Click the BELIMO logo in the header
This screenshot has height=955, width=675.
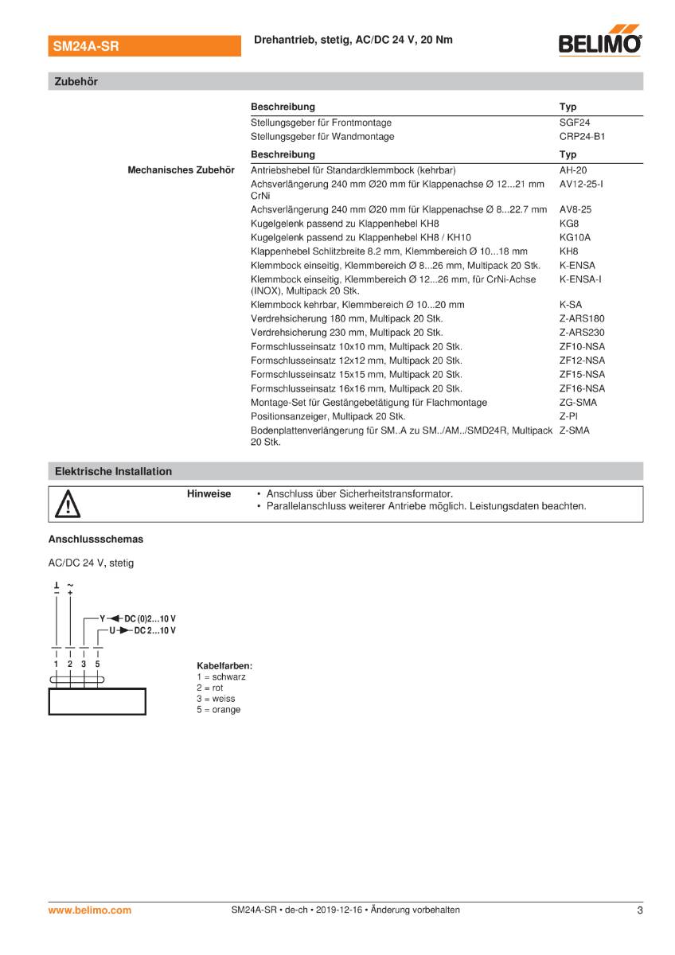coord(601,41)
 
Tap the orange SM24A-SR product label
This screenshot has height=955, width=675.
coord(86,47)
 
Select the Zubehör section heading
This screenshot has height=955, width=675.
coord(76,81)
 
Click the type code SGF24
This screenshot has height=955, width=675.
coord(575,123)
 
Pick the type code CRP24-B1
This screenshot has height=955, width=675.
coord(582,136)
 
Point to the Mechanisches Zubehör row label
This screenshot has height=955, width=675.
coord(181,170)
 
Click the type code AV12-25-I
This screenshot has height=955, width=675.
coord(581,184)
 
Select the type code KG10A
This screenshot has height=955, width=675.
coord(575,237)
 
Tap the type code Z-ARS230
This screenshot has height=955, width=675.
coord(582,333)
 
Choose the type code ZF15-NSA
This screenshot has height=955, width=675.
coord(582,374)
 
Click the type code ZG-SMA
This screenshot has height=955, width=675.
coord(578,403)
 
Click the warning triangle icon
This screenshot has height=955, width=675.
coord(68,505)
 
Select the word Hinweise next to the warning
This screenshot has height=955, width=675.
coord(209,494)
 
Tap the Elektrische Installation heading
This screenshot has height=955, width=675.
coord(113,471)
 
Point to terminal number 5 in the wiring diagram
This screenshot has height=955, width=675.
coord(97,663)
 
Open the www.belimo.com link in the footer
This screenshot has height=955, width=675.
coord(90,910)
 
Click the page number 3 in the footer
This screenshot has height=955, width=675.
coord(639,910)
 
